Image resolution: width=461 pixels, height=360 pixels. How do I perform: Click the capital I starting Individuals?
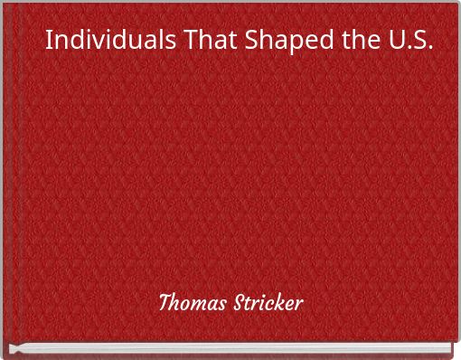49,42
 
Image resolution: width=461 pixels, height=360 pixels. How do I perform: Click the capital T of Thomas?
165,301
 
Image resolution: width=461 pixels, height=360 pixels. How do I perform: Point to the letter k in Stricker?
281,301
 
